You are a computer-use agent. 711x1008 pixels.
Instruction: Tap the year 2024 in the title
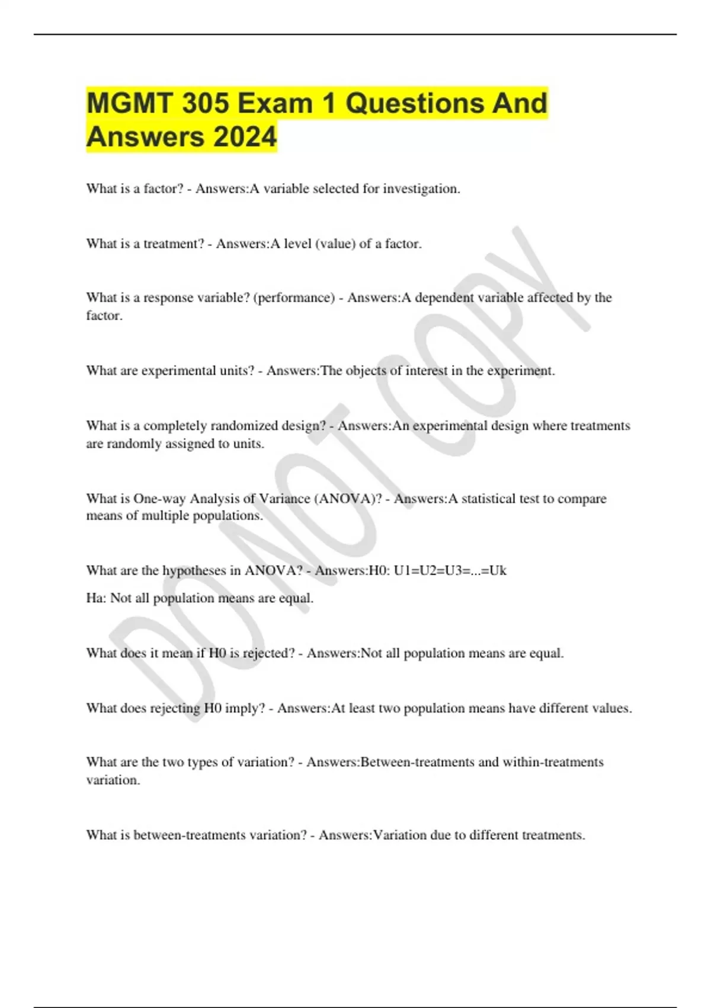pos(245,137)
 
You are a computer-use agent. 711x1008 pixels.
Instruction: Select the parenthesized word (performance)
pos(294,298)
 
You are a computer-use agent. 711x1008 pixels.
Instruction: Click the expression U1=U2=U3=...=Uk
pos(450,571)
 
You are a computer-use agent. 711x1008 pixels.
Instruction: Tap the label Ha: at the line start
pos(96,598)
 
